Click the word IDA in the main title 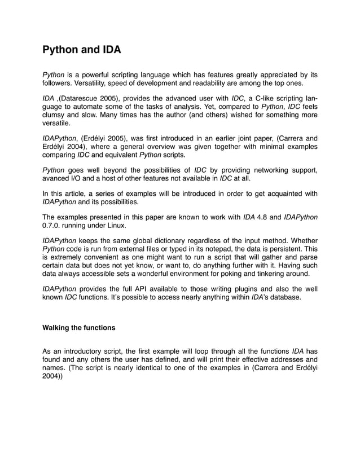click(x=111, y=50)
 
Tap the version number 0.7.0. click(x=53, y=226)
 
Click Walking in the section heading click(x=59, y=327)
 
